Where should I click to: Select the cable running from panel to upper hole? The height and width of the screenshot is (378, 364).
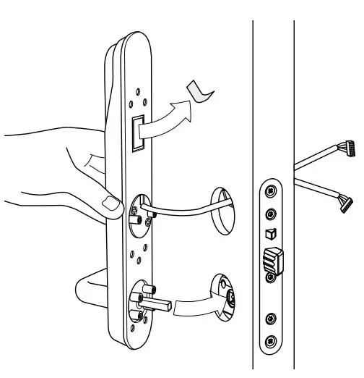click(181, 210)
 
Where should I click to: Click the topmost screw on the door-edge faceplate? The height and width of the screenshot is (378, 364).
click(270, 190)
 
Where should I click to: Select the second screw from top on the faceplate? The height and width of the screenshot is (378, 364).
click(270, 214)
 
